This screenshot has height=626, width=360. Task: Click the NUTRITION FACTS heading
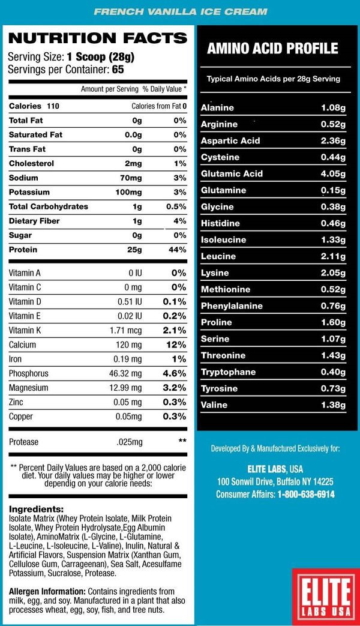[x=98, y=38]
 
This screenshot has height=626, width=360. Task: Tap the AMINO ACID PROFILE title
[x=272, y=49]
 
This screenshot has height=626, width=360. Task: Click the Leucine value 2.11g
[x=334, y=256]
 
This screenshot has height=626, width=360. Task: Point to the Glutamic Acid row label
[x=232, y=174]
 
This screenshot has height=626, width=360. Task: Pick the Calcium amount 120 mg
[x=128, y=345]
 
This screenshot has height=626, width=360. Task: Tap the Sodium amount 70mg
[x=130, y=178]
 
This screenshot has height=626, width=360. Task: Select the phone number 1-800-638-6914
[x=306, y=495]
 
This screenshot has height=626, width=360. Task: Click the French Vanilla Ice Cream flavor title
[x=180, y=11]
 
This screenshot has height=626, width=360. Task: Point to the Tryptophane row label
[x=228, y=372]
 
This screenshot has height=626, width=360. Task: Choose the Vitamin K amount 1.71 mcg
[x=125, y=331]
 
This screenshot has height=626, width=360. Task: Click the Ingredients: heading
[x=37, y=508]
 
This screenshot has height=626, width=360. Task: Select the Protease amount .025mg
[x=128, y=442]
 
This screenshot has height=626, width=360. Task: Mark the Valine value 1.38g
[x=334, y=405]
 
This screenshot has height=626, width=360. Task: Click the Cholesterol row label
[x=31, y=164]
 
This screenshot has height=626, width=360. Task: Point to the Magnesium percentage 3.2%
[x=175, y=388]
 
